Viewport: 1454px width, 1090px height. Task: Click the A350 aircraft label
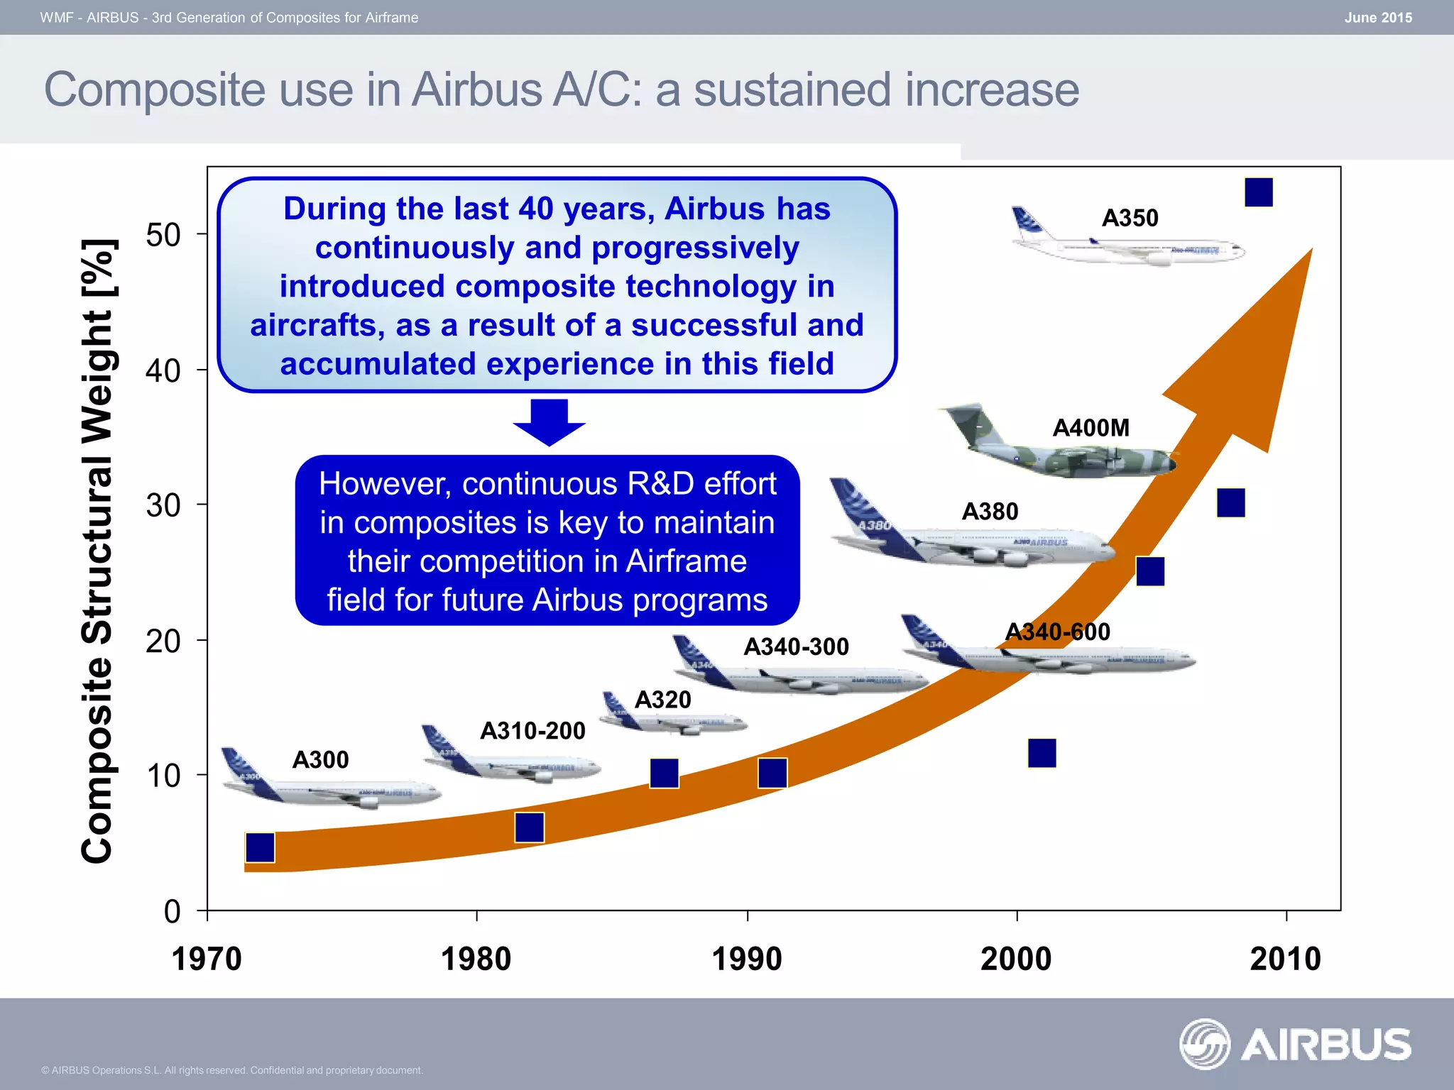coord(1130,218)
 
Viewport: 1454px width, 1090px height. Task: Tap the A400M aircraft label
coord(1090,428)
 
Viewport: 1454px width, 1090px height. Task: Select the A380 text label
coord(990,511)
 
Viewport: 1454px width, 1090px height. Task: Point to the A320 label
coord(662,700)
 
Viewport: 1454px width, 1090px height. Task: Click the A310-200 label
coord(532,730)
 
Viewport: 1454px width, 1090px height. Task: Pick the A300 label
coord(320,760)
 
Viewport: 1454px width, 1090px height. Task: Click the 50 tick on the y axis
coord(163,235)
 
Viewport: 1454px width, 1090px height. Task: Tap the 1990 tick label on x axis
coord(746,959)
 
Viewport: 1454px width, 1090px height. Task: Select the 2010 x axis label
coord(1285,959)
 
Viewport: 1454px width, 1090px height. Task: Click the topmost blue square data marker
coord(1259,192)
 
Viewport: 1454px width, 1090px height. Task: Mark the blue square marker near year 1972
coord(260,847)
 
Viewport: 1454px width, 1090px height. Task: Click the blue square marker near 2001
coord(1042,753)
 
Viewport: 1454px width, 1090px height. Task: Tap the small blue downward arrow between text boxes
coord(549,422)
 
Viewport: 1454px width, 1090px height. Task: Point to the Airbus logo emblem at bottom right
coord(1204,1044)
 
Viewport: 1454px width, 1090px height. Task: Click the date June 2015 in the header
coord(1377,18)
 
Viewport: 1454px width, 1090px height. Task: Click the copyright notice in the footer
coord(231,1070)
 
